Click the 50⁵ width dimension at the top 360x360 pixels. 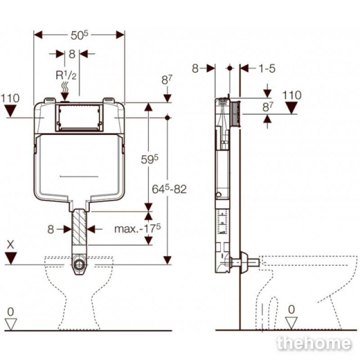pos(80,35)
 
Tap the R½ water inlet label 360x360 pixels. pos(66,75)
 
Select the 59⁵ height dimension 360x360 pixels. pos(150,159)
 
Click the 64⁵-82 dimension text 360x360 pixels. pos(169,189)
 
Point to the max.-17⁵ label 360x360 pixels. pos(138,229)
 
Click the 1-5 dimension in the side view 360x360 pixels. pos(267,68)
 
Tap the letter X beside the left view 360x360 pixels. pos(10,245)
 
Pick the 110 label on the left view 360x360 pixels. pos(10,98)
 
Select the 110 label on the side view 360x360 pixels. pos(292,95)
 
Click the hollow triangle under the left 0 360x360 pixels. pos(11,324)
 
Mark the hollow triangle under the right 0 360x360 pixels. pos(291,322)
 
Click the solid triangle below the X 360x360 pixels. pos(11,258)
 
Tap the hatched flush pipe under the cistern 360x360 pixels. pos(80,227)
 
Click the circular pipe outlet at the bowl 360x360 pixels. pos(80,265)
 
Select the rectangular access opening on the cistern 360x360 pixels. pos(79,118)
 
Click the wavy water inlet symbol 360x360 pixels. pos(65,88)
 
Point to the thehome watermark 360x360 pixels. pos(314,343)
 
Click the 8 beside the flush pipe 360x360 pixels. pos(51,229)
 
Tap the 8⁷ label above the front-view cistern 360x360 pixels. pos(167,80)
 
